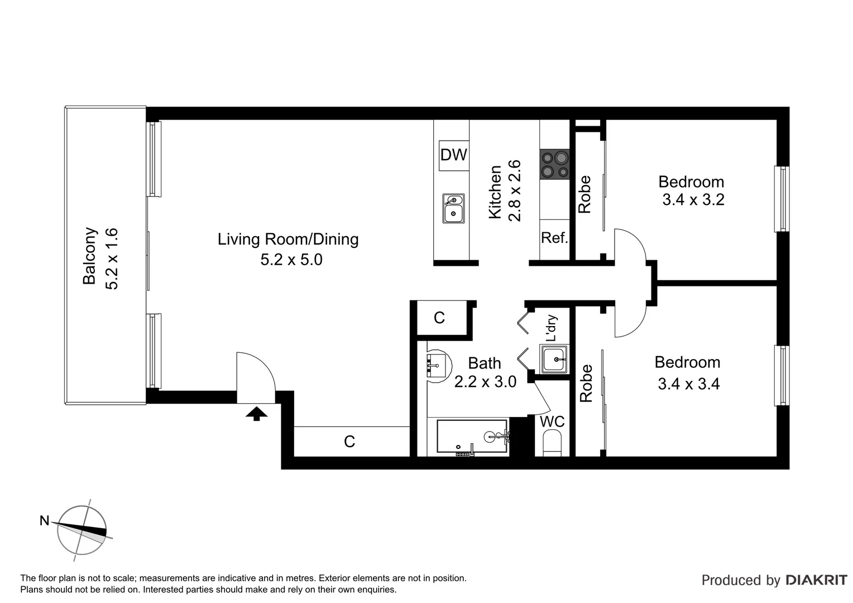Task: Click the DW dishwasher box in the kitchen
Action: [x=453, y=155]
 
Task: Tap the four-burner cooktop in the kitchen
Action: [x=554, y=165]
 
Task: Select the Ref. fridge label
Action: [x=554, y=238]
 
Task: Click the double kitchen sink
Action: [x=453, y=208]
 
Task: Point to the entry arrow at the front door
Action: [x=256, y=414]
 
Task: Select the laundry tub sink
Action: [x=554, y=359]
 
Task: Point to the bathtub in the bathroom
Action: [x=472, y=438]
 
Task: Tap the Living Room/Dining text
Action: [x=288, y=240]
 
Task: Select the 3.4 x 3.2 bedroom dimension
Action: [x=693, y=200]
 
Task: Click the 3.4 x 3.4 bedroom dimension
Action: [x=688, y=384]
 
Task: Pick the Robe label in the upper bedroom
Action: [x=584, y=194]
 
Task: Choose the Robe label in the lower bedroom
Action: [x=586, y=383]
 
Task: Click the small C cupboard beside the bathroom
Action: [x=439, y=318]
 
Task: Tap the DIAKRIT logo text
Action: [x=816, y=580]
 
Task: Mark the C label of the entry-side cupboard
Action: [x=349, y=442]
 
